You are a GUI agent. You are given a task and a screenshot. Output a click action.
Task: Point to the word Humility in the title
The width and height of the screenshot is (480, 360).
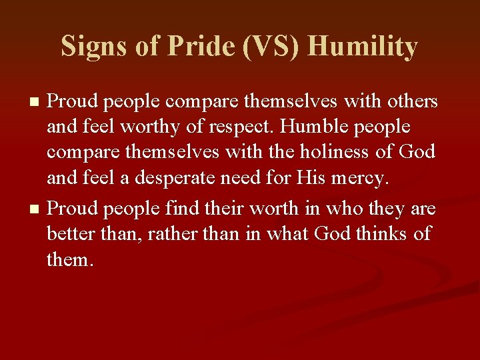[363, 47]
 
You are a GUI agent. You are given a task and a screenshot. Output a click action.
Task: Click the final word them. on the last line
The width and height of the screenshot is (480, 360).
[71, 259]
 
